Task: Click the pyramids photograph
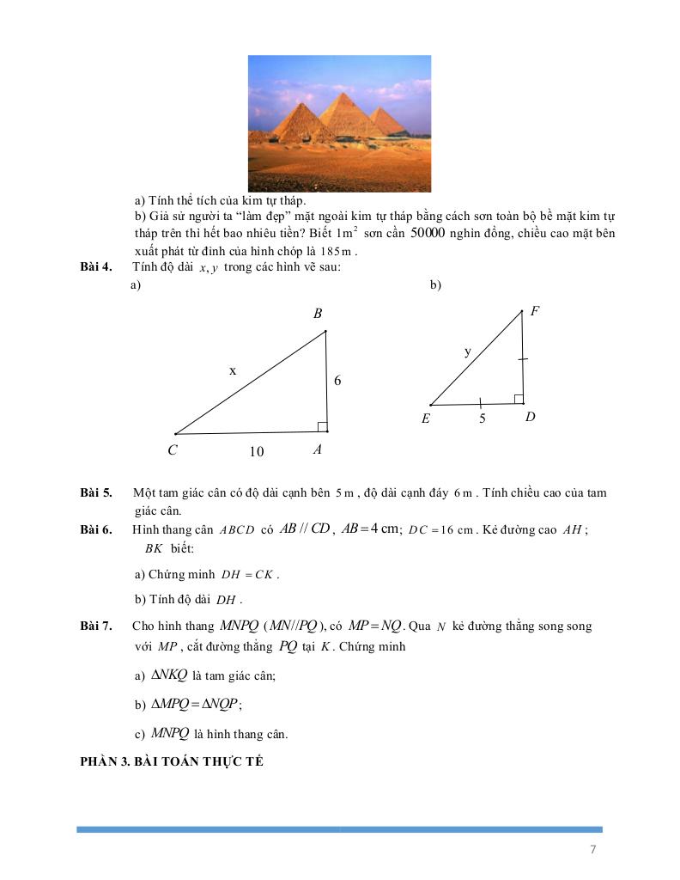(x=339, y=123)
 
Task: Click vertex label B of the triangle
(x=318, y=315)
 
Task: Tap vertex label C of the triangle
(x=173, y=449)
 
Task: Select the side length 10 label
(x=256, y=451)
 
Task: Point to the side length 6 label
(x=337, y=380)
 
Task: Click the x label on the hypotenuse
(x=232, y=370)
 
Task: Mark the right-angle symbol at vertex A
(x=321, y=427)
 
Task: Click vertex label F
(x=534, y=311)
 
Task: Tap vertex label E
(x=426, y=419)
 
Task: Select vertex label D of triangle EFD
(x=530, y=418)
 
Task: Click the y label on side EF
(x=468, y=351)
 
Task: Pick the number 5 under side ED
(x=483, y=419)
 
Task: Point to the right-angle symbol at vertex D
(x=518, y=399)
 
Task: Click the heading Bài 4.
(x=96, y=267)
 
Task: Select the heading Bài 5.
(x=96, y=493)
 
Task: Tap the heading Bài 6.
(x=96, y=529)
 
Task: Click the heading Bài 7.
(x=96, y=626)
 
